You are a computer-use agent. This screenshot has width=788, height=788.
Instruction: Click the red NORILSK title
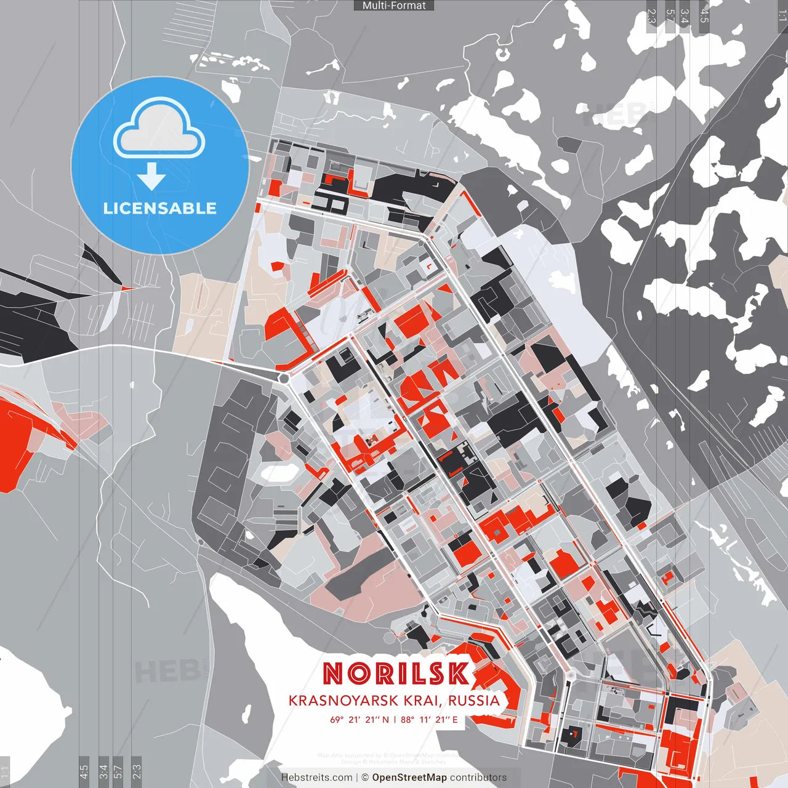point(395,673)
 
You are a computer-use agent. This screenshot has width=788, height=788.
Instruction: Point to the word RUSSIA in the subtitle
point(473,701)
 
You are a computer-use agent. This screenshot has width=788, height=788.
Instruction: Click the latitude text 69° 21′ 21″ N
point(360,719)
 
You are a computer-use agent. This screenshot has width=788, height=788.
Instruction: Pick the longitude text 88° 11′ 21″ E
point(429,719)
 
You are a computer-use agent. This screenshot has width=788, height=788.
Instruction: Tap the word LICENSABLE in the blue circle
point(160,208)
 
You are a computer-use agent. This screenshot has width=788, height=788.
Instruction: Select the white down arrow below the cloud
point(151,177)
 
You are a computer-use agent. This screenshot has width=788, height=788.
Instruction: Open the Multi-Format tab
point(394,6)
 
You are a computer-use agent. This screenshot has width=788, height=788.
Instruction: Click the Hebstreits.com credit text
point(316,778)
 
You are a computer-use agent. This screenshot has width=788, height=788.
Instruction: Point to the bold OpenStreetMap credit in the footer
point(409,778)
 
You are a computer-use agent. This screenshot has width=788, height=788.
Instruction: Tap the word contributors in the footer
point(478,778)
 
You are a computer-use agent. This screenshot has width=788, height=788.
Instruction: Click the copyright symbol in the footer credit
point(365,778)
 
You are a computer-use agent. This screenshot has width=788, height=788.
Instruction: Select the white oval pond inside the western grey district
point(276,473)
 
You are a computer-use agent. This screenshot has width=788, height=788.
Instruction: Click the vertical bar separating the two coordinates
point(395,719)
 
